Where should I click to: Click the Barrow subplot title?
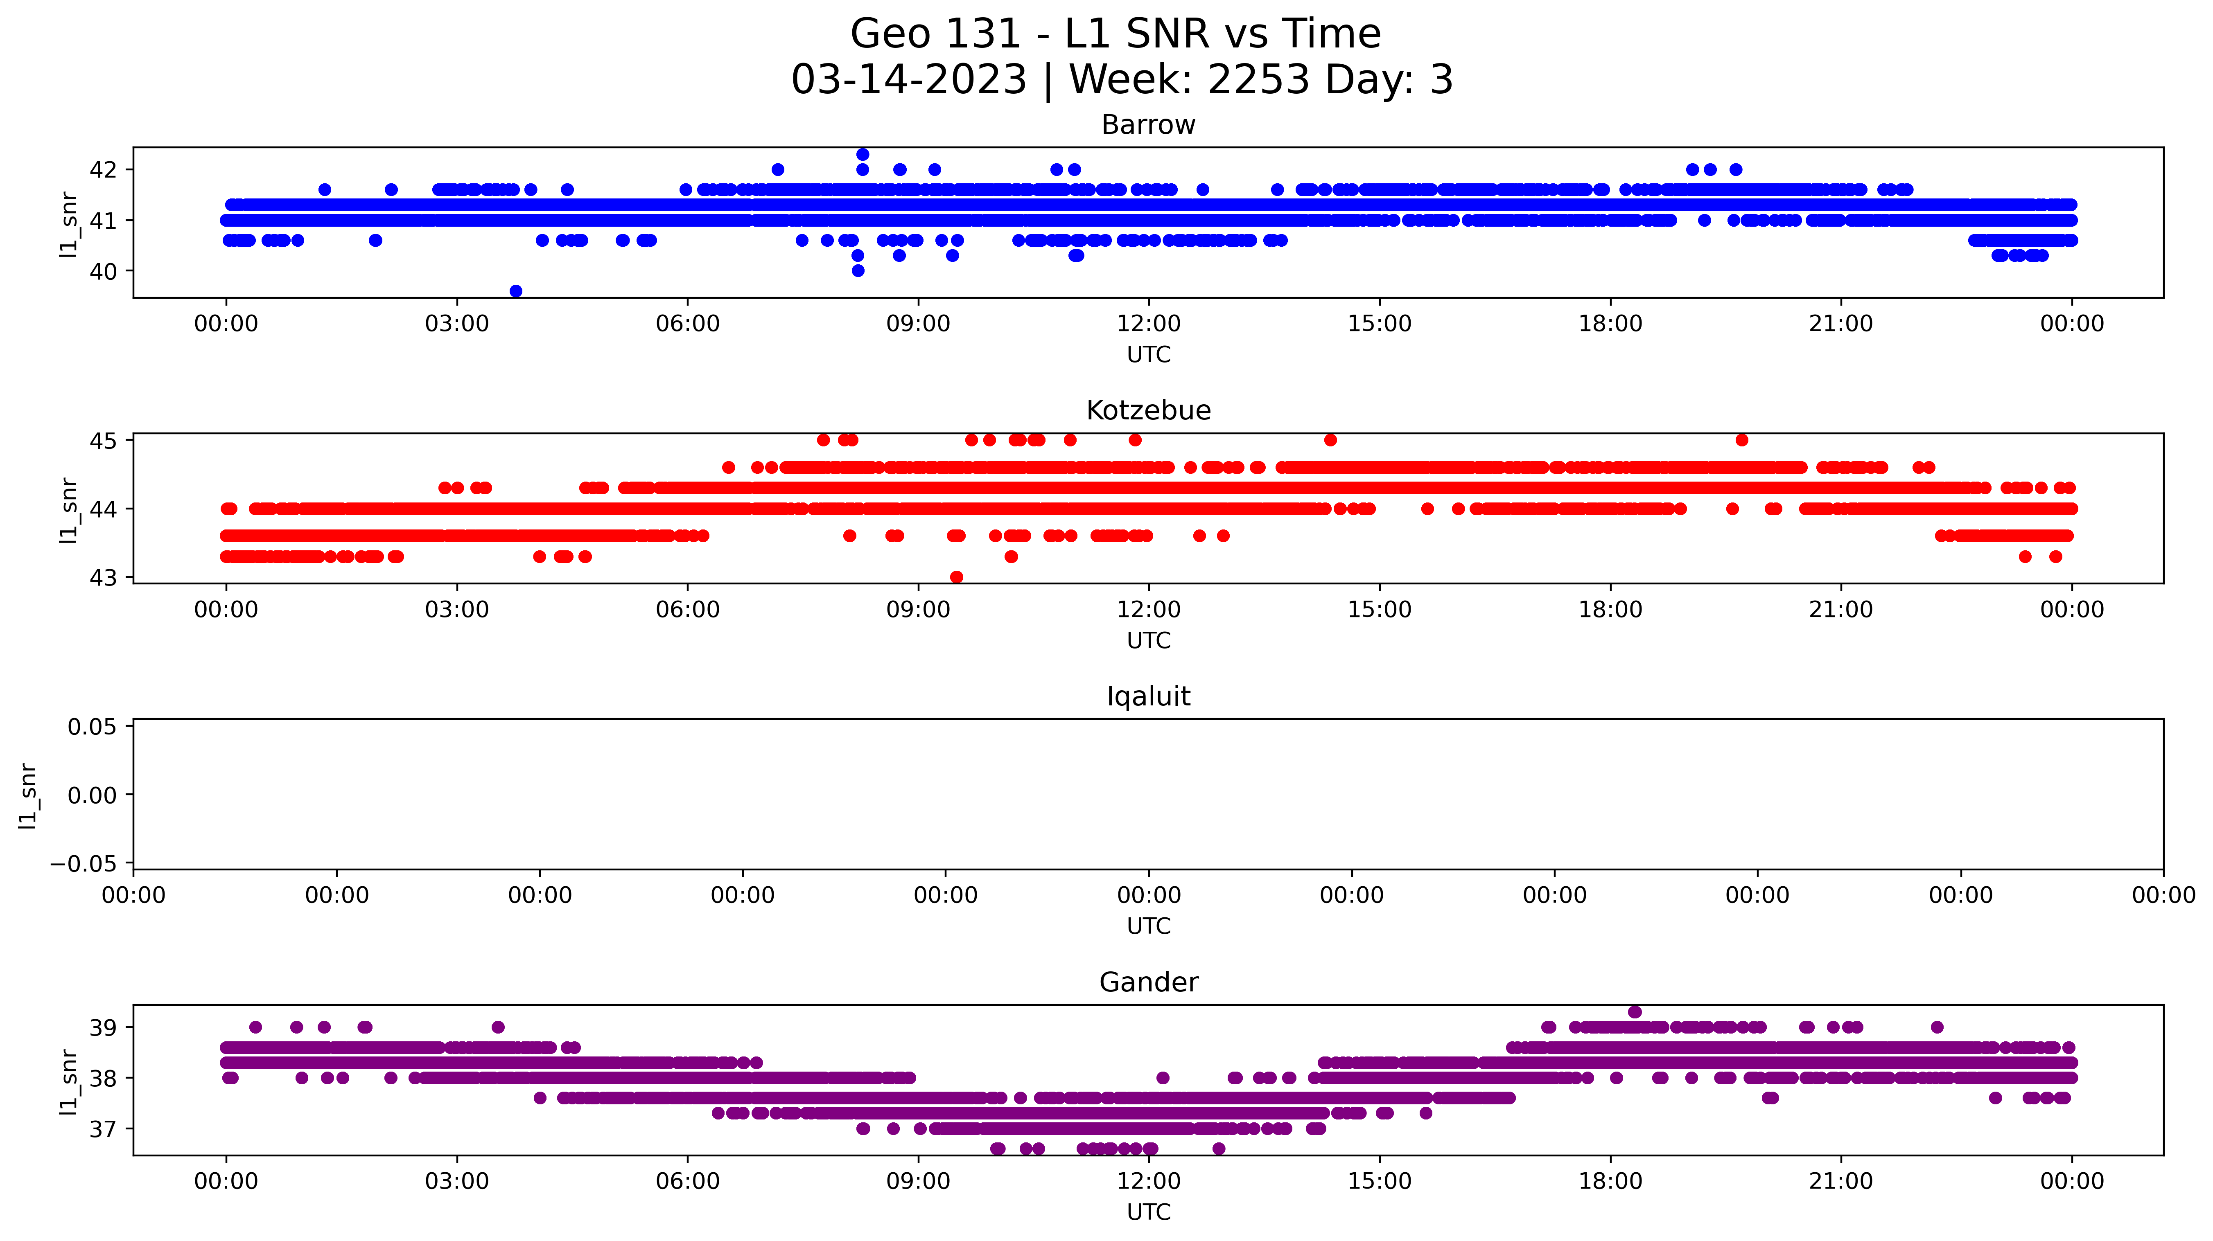(x=1148, y=125)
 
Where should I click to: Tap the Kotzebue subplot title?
(x=1148, y=410)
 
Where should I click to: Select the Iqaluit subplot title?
(x=1148, y=696)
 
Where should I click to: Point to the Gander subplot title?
(x=1148, y=982)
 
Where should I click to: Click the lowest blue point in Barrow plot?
(x=515, y=291)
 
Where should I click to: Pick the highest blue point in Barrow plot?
(x=863, y=155)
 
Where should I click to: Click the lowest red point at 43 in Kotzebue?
(x=956, y=577)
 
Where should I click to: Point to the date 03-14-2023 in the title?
(x=909, y=80)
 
